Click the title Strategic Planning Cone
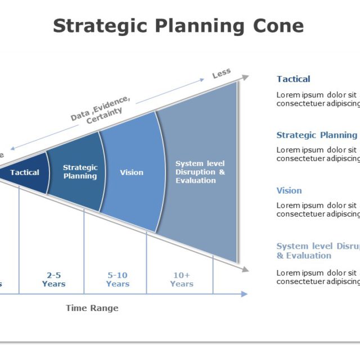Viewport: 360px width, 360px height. pos(178,26)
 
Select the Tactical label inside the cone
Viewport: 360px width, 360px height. pos(25,173)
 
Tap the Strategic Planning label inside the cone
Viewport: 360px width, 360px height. pos(80,172)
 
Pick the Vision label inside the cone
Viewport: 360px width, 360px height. pos(132,173)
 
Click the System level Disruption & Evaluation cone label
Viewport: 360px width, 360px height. pos(200,172)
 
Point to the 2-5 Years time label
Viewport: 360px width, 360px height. pos(53,280)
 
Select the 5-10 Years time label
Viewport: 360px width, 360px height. pos(118,280)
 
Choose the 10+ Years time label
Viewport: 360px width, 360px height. pos(182,280)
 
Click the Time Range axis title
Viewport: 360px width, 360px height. pos(92,308)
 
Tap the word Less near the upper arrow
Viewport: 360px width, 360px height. pos(222,74)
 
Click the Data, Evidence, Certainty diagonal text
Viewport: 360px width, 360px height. pos(101,109)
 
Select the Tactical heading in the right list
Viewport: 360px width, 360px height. pos(293,79)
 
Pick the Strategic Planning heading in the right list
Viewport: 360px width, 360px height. pos(317,135)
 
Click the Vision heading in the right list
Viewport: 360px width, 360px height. pos(289,191)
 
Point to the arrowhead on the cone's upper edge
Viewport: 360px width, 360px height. pos(245,76)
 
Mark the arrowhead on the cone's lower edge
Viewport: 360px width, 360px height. pos(245,269)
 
